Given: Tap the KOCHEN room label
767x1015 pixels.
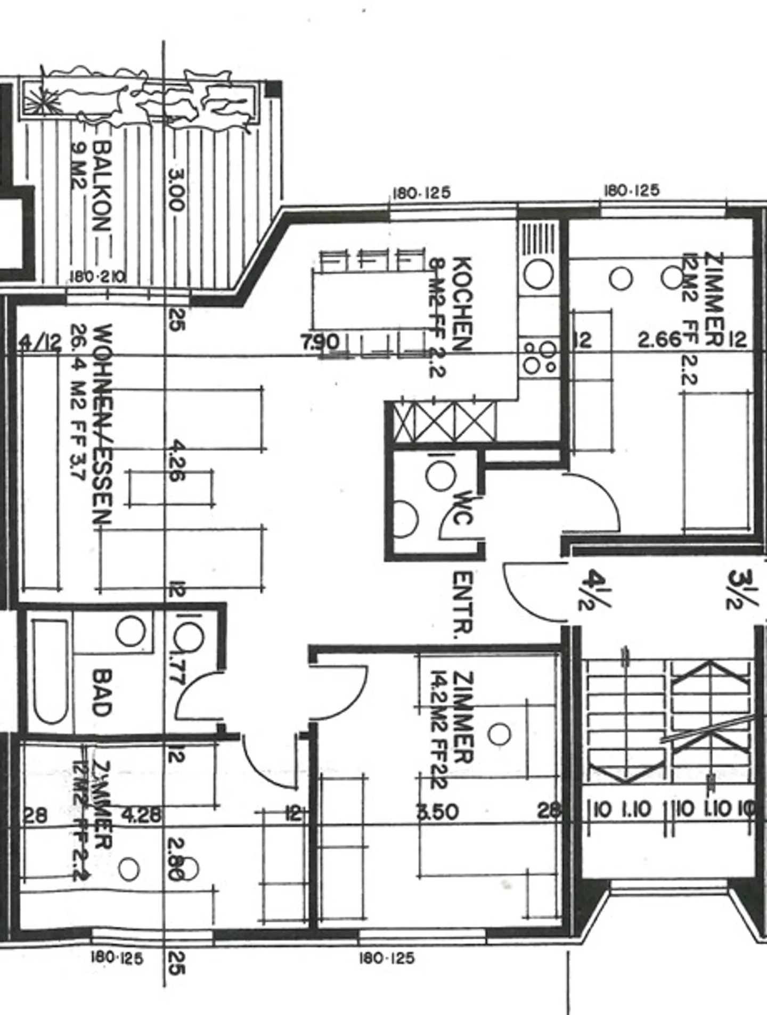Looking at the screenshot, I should (462, 304).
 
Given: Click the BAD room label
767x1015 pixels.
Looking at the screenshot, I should (101, 692).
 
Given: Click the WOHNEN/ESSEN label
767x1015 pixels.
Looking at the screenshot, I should (101, 423).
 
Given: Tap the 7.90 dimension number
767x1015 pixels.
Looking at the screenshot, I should (320, 341).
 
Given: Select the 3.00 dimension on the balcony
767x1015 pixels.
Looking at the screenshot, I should (176, 190).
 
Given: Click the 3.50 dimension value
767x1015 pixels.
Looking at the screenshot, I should (437, 812).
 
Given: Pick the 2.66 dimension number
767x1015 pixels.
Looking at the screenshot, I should (659, 339).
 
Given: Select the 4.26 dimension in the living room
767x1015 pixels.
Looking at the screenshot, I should (176, 461).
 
